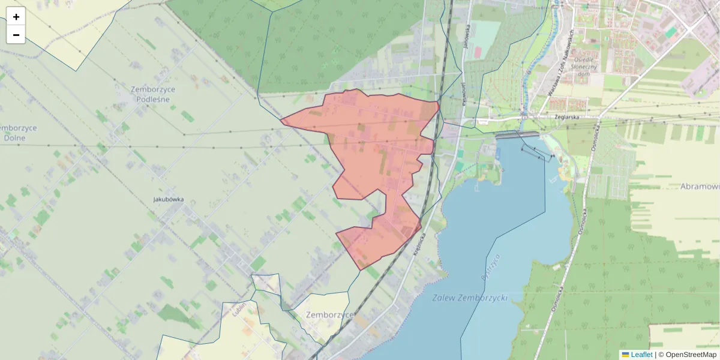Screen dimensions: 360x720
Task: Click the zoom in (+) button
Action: click(16, 17)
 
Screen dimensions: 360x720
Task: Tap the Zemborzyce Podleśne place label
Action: click(153, 94)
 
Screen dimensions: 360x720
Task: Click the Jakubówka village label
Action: click(168, 199)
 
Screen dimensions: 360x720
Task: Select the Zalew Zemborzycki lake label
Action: click(469, 298)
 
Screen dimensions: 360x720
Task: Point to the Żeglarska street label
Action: click(566, 117)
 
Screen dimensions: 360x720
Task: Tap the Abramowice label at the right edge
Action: click(700, 187)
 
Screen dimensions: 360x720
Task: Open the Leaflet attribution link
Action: click(641, 355)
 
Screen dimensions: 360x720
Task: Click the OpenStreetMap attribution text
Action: click(691, 355)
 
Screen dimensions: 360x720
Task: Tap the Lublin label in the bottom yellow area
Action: click(238, 310)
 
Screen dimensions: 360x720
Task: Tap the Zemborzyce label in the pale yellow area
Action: click(329, 314)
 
